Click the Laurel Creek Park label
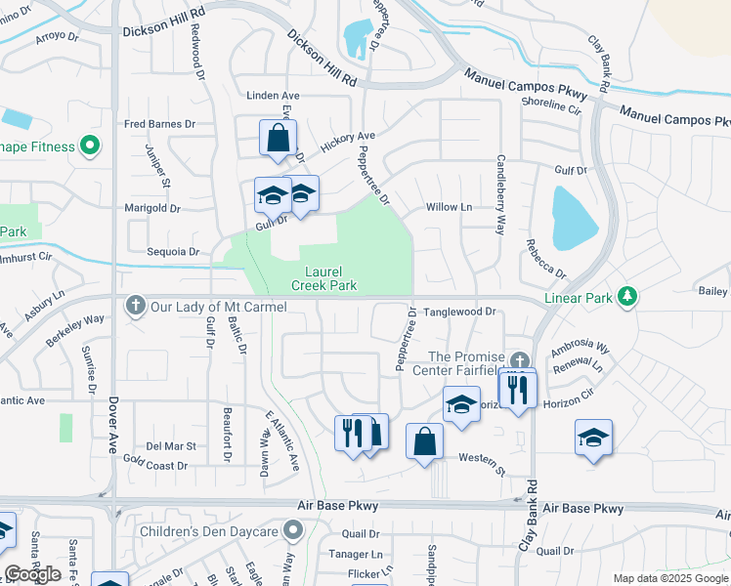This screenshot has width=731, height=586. [x=323, y=278]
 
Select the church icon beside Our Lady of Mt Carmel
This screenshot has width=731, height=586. [x=136, y=307]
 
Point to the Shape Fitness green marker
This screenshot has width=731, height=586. [x=91, y=146]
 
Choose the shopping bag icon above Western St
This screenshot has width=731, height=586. [x=424, y=440]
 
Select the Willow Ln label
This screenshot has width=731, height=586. [x=449, y=207]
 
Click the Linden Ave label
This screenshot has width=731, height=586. [x=273, y=95]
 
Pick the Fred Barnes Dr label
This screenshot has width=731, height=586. [x=160, y=124]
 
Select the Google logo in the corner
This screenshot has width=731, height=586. [x=33, y=574]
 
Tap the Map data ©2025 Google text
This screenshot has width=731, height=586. [x=670, y=578]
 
